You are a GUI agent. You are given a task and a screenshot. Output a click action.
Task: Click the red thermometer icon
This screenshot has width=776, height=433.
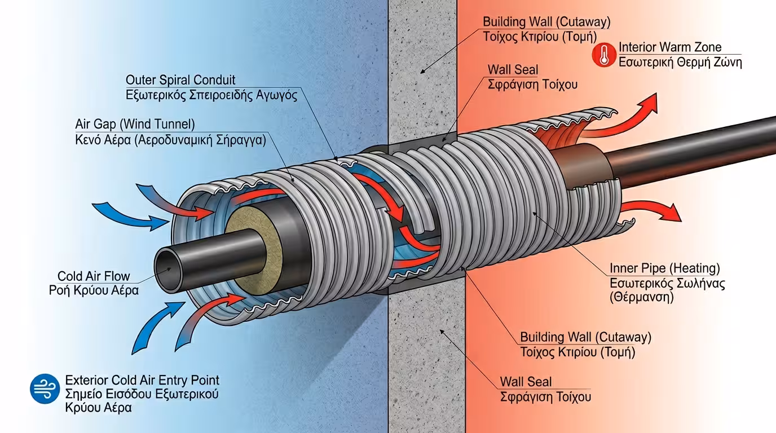pos(604,55)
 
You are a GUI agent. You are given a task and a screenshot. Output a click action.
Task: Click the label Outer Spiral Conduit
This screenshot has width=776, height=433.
pos(180,79)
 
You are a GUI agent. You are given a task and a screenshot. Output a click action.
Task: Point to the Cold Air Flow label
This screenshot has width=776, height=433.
pos(94,276)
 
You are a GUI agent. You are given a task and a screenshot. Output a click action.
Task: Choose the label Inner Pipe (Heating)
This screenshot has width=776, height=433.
pos(664,268)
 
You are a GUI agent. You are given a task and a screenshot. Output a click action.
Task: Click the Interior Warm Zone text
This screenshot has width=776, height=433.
pos(670,47)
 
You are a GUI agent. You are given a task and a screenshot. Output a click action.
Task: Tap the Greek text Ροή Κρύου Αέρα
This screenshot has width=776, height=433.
pos(94,290)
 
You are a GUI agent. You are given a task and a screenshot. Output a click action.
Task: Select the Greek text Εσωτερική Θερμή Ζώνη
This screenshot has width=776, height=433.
pos(680,62)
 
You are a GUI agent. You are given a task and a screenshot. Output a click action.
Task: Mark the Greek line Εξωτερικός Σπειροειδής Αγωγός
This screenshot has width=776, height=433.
pos(211,94)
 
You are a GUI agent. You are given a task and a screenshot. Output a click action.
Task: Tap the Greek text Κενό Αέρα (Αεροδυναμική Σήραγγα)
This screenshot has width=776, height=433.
pos(170,139)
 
